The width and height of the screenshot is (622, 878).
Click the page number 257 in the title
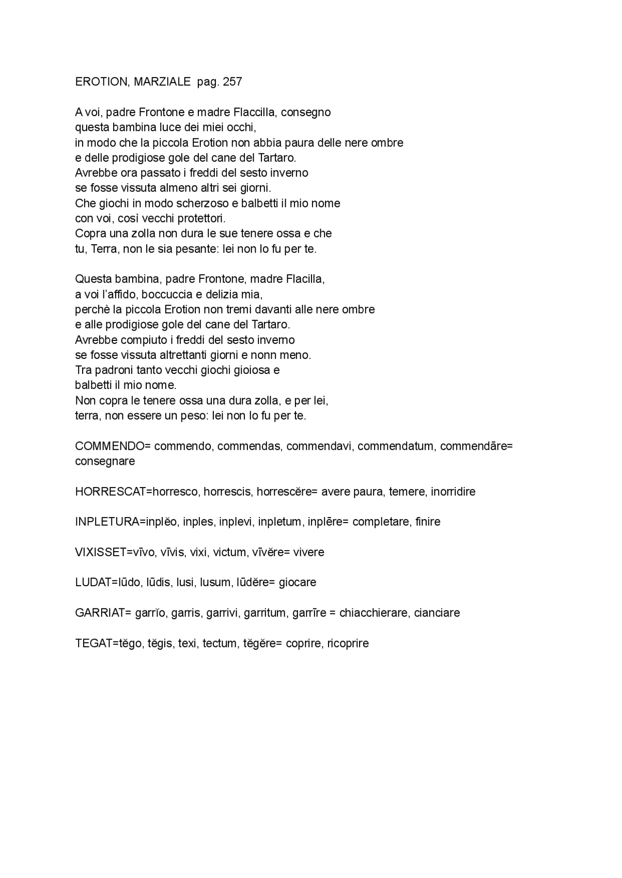coord(232,82)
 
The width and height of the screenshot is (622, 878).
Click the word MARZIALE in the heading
coord(162,82)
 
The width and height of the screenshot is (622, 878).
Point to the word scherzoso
coord(199,203)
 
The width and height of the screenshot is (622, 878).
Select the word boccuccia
coord(164,294)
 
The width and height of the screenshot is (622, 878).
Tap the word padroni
coord(111,370)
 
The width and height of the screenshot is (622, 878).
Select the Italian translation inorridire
coord(453,491)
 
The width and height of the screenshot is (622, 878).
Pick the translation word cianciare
coord(437,613)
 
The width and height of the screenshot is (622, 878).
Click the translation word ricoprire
coord(348,643)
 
